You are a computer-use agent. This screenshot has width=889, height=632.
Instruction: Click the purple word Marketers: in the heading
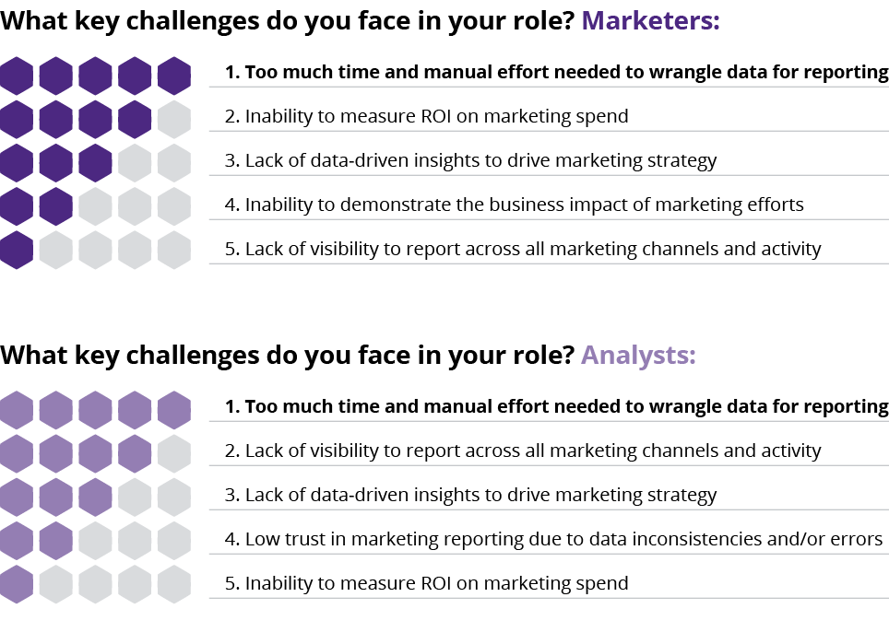tap(651, 21)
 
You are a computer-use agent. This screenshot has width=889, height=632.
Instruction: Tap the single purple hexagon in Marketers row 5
tap(15, 250)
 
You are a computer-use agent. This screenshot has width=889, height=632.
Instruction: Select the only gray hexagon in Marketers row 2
tap(173, 118)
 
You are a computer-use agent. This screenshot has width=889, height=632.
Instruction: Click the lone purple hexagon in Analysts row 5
tap(15, 584)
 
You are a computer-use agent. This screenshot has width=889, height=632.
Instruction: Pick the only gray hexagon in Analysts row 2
tap(173, 452)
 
